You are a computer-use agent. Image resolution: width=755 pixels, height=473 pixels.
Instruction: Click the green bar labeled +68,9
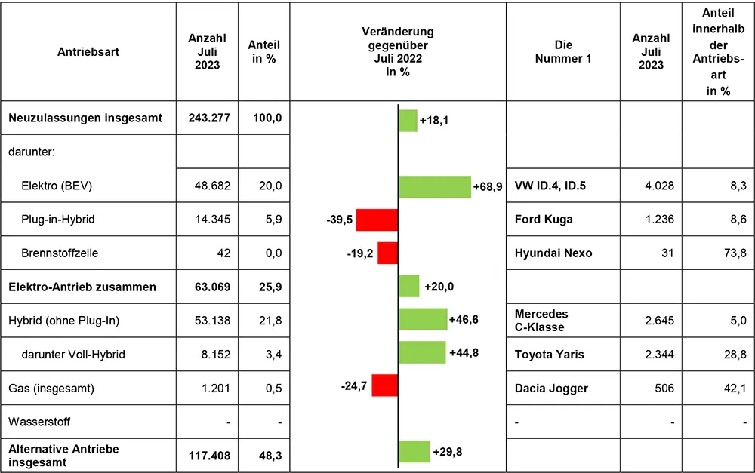pyautogui.click(x=434, y=186)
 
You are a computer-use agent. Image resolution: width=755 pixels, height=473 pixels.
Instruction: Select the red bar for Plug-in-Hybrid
pyautogui.click(x=377, y=220)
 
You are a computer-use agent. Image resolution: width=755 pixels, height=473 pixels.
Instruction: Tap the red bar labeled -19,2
pyautogui.click(x=387, y=253)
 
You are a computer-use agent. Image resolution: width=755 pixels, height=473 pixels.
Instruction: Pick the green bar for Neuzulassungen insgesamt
pyautogui.click(x=408, y=120)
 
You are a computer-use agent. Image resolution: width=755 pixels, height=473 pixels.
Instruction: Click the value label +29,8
pyautogui.click(x=448, y=453)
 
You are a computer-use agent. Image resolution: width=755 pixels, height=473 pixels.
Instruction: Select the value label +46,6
pyautogui.click(x=464, y=320)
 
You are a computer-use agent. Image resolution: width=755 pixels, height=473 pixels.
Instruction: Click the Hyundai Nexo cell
pyautogui.click(x=553, y=253)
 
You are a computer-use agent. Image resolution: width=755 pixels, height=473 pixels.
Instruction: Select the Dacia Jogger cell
pyautogui.click(x=551, y=388)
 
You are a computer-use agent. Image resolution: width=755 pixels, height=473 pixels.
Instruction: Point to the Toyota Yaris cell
pyautogui.click(x=550, y=353)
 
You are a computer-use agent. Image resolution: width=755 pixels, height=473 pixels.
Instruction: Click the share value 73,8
pyautogui.click(x=718, y=253)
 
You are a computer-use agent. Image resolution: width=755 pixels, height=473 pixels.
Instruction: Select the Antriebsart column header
pyautogui.click(x=88, y=52)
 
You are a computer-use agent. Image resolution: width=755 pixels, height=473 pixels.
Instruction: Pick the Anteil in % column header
pyautogui.click(x=263, y=52)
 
